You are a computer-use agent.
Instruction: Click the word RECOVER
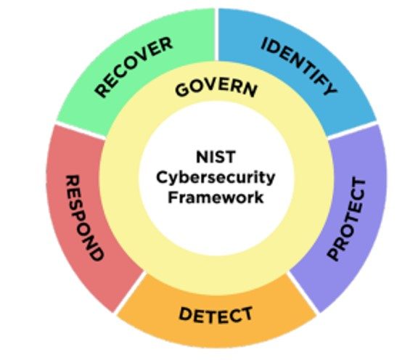(x=134, y=67)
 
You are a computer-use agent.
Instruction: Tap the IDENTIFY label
(x=299, y=66)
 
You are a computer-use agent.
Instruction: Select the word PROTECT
(x=347, y=219)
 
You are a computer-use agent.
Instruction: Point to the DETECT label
(x=216, y=315)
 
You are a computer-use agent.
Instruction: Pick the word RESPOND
(x=84, y=217)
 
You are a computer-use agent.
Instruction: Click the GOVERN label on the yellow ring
(x=216, y=88)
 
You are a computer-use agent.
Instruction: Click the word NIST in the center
(x=216, y=157)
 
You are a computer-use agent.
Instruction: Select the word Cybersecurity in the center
(x=216, y=178)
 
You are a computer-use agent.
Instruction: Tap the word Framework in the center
(x=216, y=197)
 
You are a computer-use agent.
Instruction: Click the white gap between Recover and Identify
(x=216, y=35)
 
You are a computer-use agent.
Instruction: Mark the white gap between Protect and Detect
(x=303, y=292)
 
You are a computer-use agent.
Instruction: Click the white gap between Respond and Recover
(x=81, y=131)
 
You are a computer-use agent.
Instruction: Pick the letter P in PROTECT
(x=334, y=254)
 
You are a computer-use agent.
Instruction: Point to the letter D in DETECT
(x=186, y=314)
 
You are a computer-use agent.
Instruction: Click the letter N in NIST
(x=202, y=157)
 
